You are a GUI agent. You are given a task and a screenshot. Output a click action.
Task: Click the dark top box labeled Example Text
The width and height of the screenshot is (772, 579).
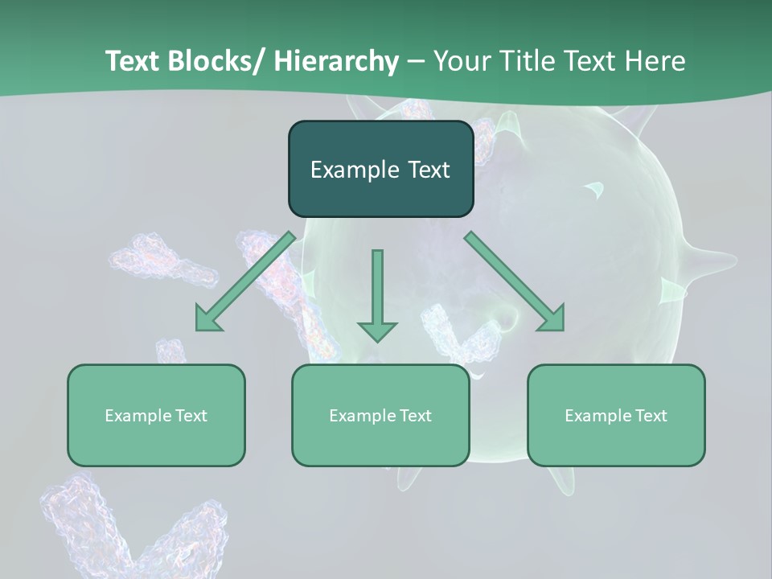tap(380, 169)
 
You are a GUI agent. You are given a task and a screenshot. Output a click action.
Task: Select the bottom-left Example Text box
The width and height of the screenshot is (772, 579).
tap(156, 415)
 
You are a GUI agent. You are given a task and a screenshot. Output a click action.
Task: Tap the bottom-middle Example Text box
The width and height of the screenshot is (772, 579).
tap(380, 415)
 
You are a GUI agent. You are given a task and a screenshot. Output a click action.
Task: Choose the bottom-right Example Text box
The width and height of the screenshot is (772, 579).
tap(616, 415)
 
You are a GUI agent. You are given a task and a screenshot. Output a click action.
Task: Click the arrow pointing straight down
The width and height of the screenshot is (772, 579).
tap(377, 294)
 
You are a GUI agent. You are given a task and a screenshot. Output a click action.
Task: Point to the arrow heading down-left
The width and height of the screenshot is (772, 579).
tap(245, 281)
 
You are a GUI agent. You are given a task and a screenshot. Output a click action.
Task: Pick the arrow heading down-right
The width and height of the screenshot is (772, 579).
tap(515, 281)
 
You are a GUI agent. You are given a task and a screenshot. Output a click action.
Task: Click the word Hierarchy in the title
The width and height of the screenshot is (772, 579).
tap(336, 61)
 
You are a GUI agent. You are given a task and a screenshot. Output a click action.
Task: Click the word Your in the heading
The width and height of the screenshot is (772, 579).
tap(460, 61)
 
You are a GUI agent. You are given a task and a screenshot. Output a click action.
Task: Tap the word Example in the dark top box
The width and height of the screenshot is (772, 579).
tap(354, 170)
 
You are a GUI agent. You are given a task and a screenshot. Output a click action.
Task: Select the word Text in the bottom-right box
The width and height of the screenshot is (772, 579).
tap(650, 416)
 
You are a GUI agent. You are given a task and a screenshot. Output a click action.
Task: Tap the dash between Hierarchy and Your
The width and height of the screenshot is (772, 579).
tap(416, 62)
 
